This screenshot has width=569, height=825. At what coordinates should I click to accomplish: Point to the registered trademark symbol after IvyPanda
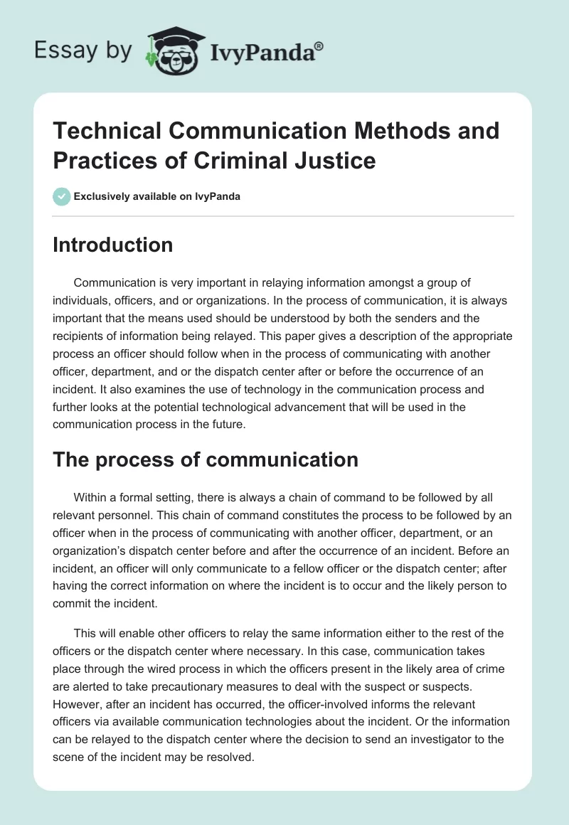click(319, 46)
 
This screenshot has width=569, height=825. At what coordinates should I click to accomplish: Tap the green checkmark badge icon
click(62, 196)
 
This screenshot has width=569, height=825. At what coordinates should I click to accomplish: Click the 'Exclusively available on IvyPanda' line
click(157, 196)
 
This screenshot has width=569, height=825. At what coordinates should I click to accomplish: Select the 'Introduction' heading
click(113, 245)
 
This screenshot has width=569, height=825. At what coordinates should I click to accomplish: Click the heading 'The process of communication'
click(206, 459)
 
